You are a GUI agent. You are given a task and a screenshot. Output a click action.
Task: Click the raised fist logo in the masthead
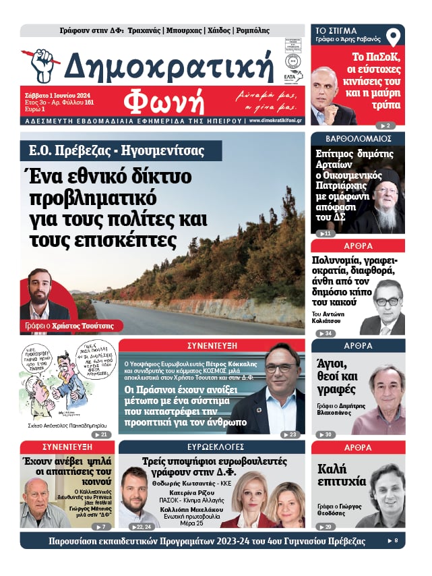(41, 65)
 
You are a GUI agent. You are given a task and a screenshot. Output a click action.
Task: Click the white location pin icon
(392, 38)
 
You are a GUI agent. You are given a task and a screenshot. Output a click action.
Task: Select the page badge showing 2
(385, 125)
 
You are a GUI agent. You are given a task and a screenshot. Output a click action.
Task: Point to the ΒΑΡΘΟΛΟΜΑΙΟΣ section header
(358, 138)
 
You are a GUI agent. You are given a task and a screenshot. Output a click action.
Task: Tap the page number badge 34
(326, 333)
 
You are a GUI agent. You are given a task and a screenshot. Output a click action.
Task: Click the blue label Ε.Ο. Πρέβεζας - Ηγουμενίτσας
(121, 150)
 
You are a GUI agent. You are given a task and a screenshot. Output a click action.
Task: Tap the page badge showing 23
(290, 434)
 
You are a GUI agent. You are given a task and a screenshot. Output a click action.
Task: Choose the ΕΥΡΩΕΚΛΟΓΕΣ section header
(212, 447)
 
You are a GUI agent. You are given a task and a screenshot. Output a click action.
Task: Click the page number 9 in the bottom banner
(396, 541)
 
